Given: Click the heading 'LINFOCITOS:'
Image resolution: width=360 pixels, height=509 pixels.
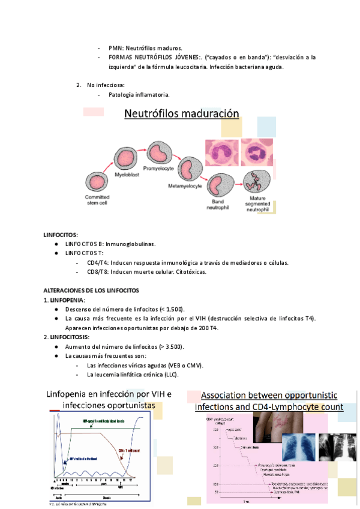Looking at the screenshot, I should coord(61,234).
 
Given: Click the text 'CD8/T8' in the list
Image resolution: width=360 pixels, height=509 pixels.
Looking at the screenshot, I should coord(97,272).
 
